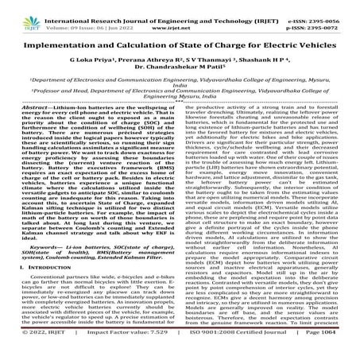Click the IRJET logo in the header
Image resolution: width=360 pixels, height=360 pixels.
coord(17,17)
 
